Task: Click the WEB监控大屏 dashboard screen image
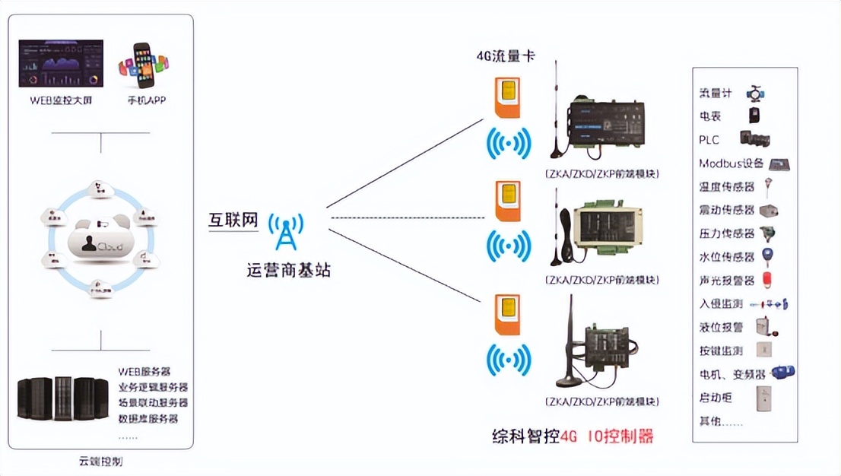(61, 65)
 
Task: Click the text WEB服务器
(144, 371)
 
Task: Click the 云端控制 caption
(100, 462)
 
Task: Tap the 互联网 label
(233, 221)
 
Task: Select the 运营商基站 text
(289, 270)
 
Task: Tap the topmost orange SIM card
(507, 99)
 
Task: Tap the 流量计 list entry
(716, 94)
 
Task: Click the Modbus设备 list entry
(731, 163)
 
